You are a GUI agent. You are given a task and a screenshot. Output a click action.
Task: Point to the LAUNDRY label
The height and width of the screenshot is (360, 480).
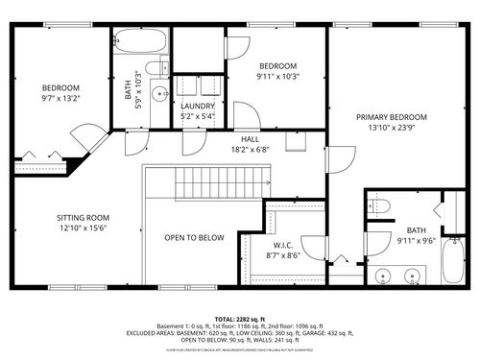tap(197, 106)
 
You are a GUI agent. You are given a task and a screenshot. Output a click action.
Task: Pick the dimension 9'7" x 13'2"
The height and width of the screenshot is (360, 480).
tap(60, 98)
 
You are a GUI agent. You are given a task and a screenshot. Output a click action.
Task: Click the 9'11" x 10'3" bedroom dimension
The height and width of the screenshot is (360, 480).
tap(278, 76)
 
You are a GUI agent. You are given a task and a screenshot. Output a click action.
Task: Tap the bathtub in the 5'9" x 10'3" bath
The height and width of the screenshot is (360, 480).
tap(140, 43)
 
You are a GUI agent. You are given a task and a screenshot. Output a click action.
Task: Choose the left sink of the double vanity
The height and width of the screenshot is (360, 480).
tap(384, 278)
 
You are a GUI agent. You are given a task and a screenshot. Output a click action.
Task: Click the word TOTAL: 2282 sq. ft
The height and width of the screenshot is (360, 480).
tap(240, 318)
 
